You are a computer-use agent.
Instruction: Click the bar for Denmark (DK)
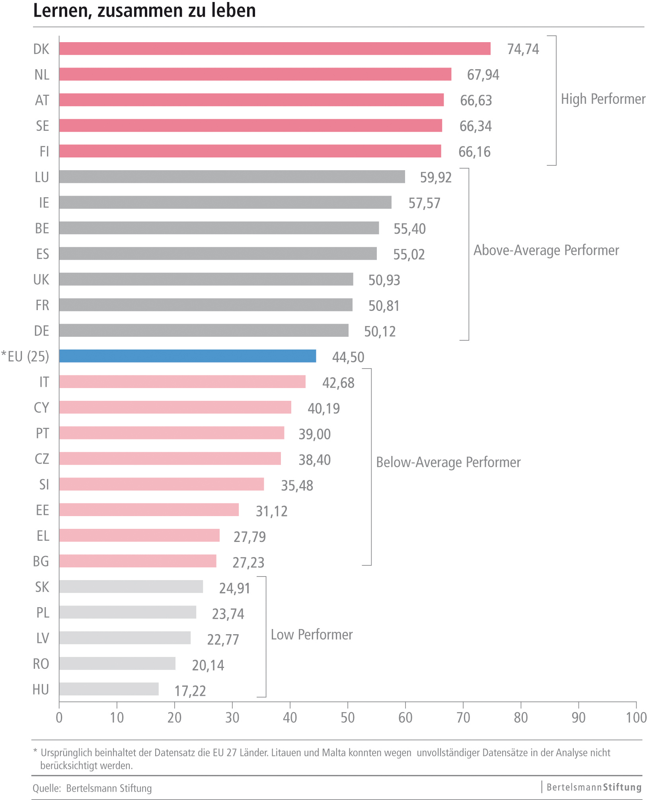coord(275,49)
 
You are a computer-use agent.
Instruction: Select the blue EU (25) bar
coord(187,356)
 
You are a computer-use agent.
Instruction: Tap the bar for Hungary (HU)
coord(109,689)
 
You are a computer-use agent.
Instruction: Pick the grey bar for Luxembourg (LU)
coord(232,177)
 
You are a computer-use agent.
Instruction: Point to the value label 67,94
coord(483,75)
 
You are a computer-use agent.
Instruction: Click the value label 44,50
coord(348,357)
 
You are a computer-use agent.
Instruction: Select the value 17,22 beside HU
coord(190,691)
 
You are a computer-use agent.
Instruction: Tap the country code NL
coord(42,75)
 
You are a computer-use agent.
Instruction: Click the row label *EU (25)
coord(25,356)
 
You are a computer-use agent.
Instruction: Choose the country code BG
coord(41,561)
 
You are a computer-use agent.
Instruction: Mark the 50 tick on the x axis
coord(347,717)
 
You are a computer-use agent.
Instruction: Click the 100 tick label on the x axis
coord(636,717)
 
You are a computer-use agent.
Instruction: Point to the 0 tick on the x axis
coord(59,717)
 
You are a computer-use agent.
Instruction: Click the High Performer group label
coord(603,99)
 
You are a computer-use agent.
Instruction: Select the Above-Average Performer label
coord(546,250)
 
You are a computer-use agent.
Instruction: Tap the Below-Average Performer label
coord(448,462)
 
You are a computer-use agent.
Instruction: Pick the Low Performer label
coord(312,635)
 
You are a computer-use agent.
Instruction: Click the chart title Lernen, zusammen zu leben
coord(144,11)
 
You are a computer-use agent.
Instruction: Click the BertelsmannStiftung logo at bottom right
coord(594,787)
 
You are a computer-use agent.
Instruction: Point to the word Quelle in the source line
coord(46,788)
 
